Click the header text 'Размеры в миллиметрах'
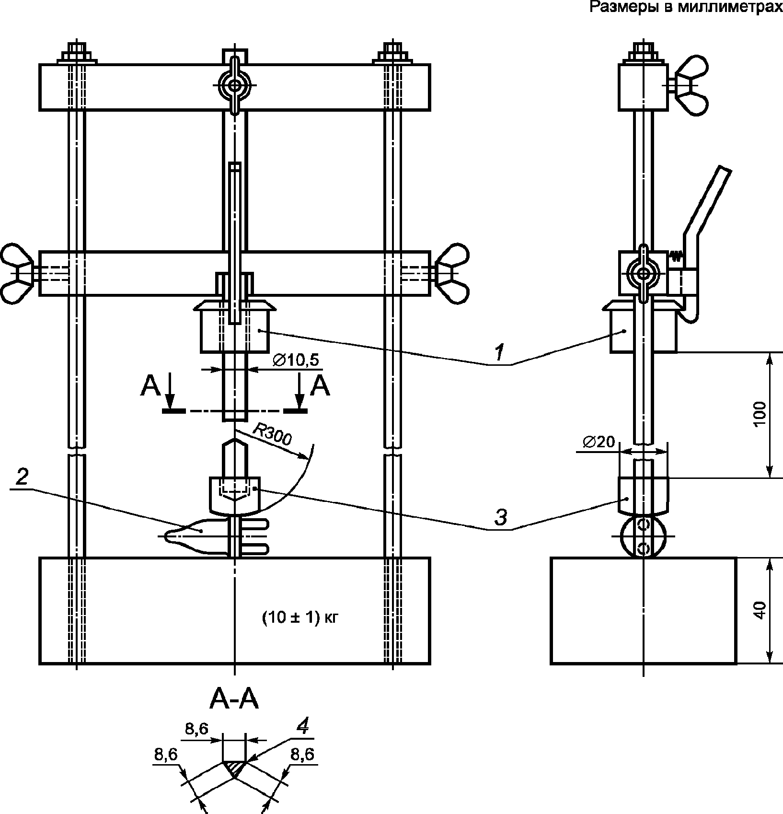(x=686, y=8)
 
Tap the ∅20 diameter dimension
(x=599, y=442)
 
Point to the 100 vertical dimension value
(x=760, y=415)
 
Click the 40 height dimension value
(x=760, y=611)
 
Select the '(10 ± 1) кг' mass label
(x=300, y=618)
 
